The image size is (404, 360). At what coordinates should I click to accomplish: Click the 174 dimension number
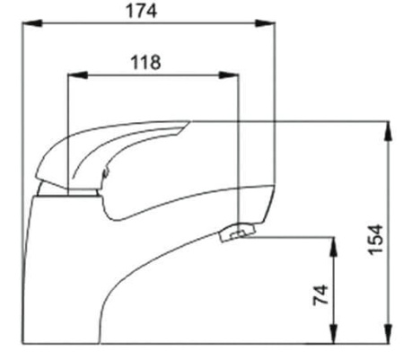pos(141,11)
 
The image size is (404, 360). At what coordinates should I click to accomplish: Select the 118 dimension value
pos(145,62)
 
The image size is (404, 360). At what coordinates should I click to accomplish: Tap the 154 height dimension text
pos(376,240)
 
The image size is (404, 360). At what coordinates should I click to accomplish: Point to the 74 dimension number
pos(321,295)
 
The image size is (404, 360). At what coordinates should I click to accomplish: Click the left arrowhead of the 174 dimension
pos(32,23)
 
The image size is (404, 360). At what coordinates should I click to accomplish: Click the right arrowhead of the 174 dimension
pos(265,23)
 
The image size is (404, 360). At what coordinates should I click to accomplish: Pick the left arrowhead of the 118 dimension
pos(78,75)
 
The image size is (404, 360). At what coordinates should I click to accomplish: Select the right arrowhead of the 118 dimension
pos(229,75)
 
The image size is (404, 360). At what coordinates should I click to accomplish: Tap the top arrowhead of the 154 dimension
pos(388,130)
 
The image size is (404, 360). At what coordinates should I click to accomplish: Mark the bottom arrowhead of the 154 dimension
pos(388,333)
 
